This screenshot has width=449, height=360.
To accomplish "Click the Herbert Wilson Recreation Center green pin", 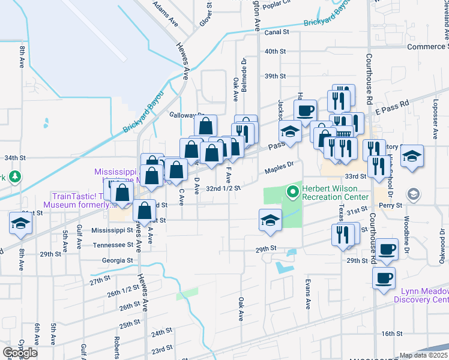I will click(293, 191).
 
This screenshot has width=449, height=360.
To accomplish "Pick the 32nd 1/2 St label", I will click(223, 188).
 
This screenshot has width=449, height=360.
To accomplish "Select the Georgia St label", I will click(118, 260).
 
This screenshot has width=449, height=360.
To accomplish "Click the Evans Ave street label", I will click(307, 294).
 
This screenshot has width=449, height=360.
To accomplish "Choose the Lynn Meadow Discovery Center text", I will click(421, 295).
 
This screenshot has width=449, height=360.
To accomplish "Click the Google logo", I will click(20, 353).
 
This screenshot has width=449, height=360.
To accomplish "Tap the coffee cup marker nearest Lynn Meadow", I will click(384, 278).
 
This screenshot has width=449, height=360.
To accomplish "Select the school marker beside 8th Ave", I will click(20, 223).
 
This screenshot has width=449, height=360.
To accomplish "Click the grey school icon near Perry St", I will click(413, 194).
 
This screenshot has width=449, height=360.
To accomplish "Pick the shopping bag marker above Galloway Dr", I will click(205, 127).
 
